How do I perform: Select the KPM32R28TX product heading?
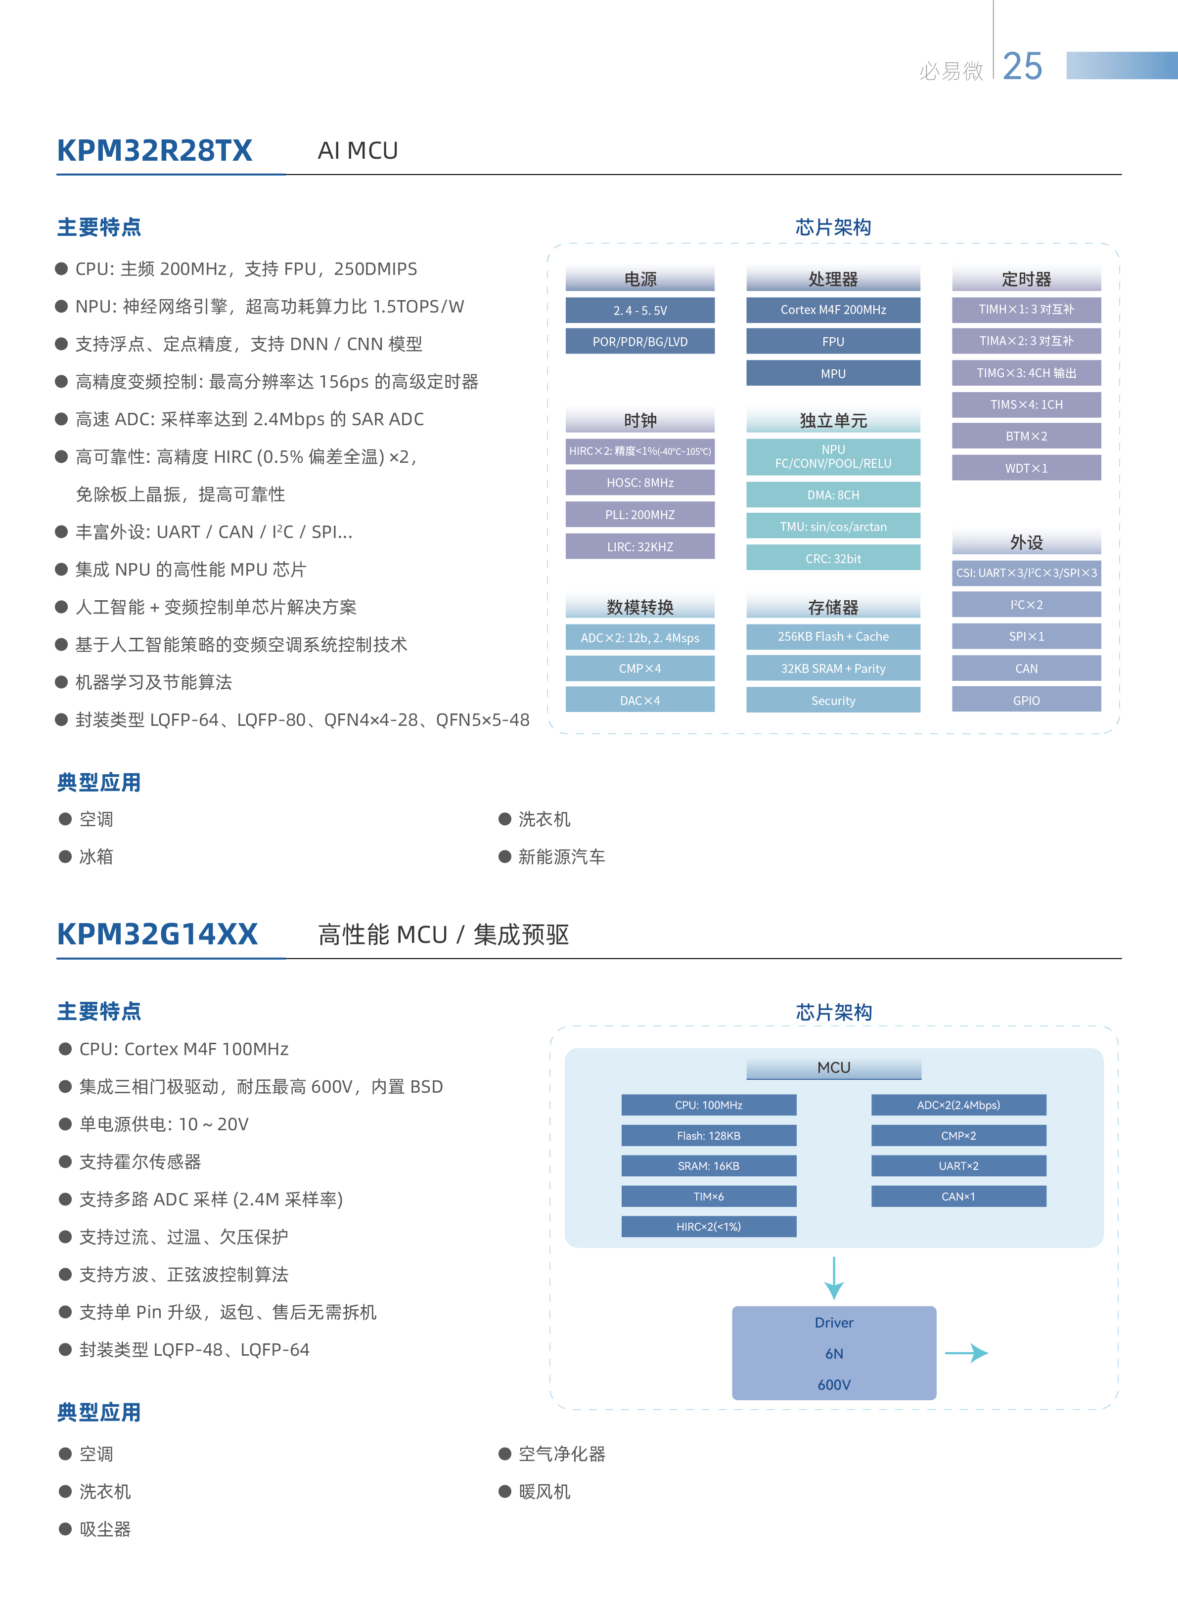[x=155, y=150]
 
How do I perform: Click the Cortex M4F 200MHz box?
[x=833, y=310]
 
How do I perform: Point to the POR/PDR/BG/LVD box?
[x=639, y=342]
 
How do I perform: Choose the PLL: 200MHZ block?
[x=639, y=515]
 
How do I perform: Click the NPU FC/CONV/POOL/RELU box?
[x=833, y=457]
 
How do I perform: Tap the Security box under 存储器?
[x=833, y=700]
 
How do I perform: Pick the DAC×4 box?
[x=639, y=700]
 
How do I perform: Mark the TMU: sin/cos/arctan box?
[x=833, y=527]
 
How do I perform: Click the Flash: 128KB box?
[x=708, y=1135]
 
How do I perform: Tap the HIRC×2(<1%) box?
[x=708, y=1226]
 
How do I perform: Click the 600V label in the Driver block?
[x=834, y=1384]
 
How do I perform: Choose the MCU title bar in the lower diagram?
[x=834, y=1067]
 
